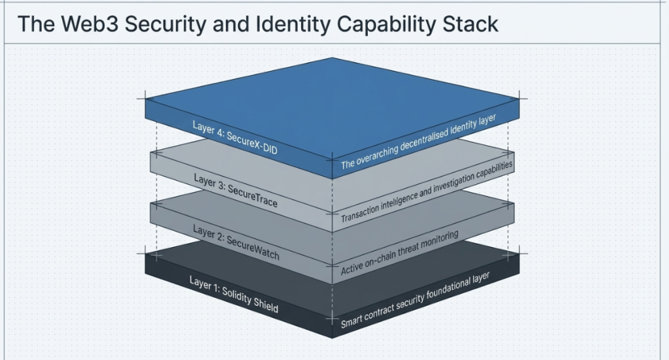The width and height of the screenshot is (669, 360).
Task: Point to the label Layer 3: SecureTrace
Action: pyautogui.click(x=235, y=189)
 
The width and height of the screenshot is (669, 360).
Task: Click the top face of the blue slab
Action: pyautogui.click(x=333, y=98)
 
